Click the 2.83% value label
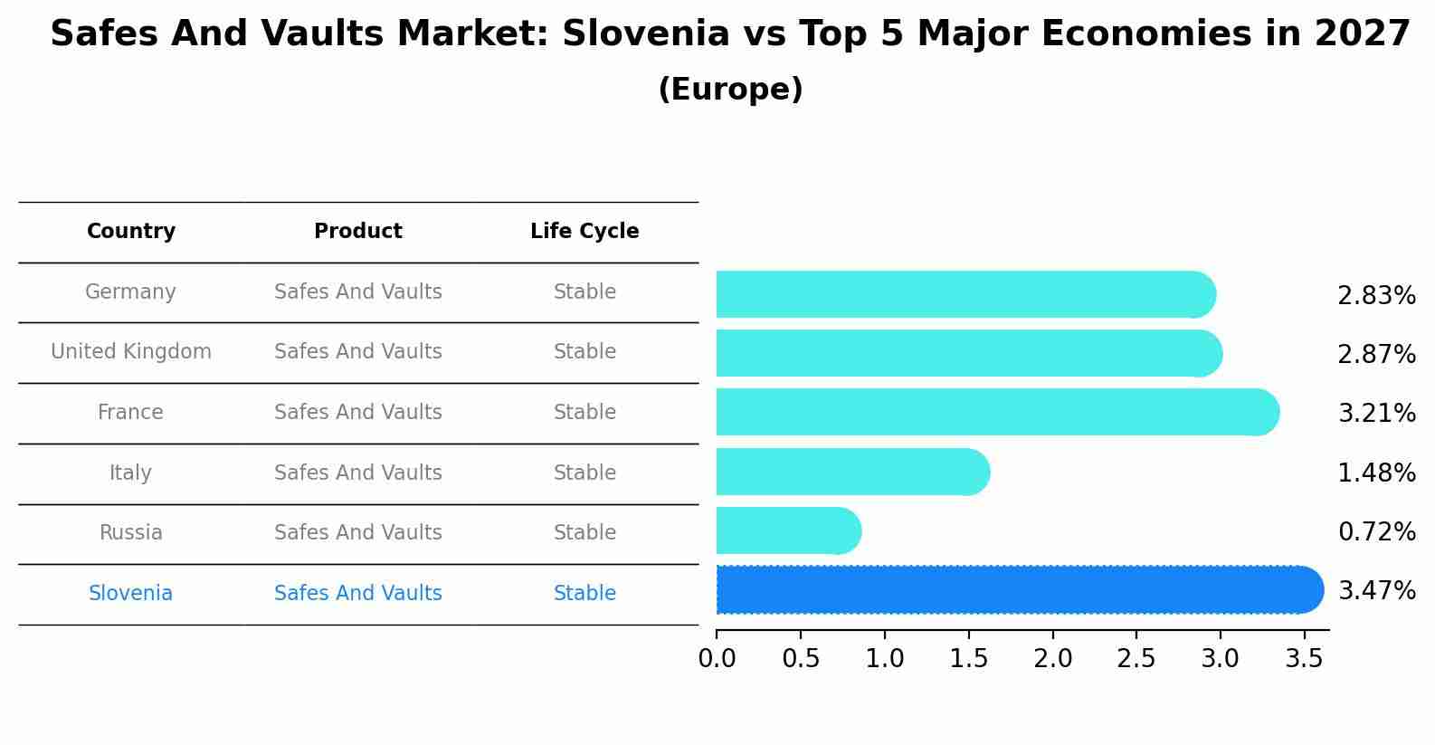point(1375,296)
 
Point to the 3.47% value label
point(1375,591)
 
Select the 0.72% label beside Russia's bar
point(1375,532)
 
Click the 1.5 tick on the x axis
point(968,659)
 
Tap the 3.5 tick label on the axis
point(1304,659)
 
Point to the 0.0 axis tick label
point(717,659)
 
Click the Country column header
point(131,232)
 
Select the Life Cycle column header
point(584,232)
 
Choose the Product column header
point(358,232)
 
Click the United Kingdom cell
point(131,352)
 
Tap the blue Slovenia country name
point(131,594)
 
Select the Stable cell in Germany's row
point(584,292)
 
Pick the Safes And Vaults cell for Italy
point(358,473)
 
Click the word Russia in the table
point(131,533)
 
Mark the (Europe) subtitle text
point(730,90)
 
